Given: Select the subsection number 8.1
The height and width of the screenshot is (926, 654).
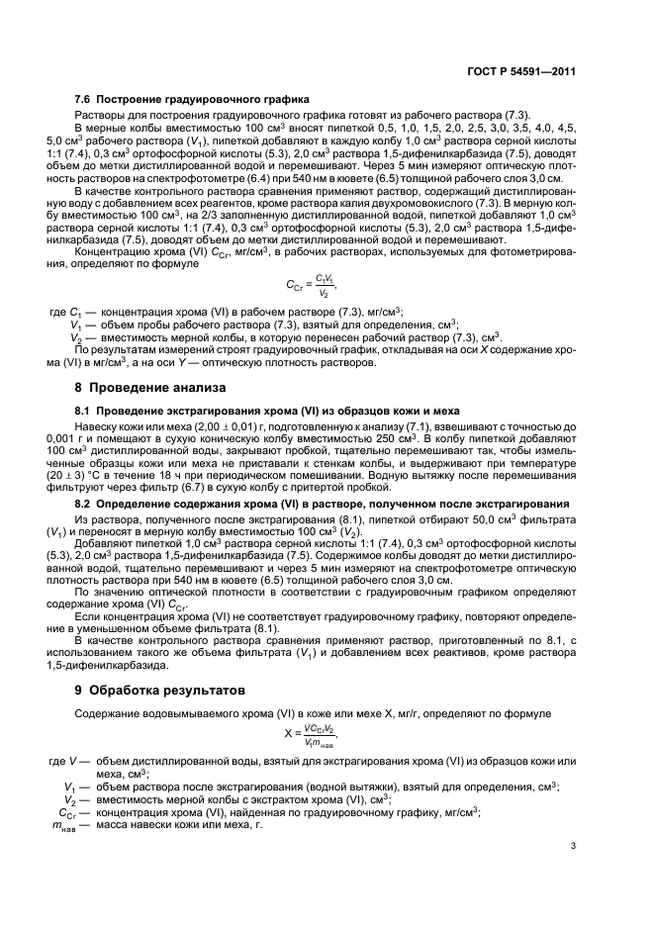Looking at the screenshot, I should click(x=86, y=409).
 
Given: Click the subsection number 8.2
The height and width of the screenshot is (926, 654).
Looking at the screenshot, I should click(x=86, y=503).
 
